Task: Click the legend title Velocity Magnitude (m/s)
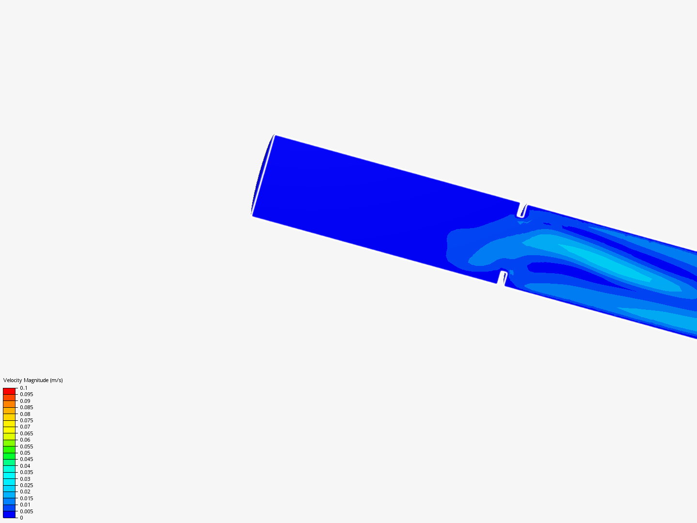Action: pos(33,380)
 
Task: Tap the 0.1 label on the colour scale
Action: pos(24,388)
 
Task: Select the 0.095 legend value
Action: pos(27,394)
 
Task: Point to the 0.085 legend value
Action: pos(27,407)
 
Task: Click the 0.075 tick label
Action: pos(27,420)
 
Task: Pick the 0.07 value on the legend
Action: pos(25,427)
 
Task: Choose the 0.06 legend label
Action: pos(25,440)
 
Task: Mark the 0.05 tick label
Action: pos(25,453)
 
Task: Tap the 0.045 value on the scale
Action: pos(27,459)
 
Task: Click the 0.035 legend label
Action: pos(27,472)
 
